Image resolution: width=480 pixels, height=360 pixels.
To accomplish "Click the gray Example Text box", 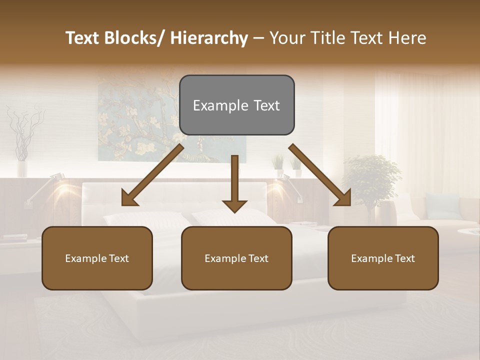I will coord(236,105).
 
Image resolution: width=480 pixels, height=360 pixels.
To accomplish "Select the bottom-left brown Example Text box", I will coord(97,258).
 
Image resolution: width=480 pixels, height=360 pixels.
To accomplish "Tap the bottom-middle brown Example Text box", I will coord(236,258).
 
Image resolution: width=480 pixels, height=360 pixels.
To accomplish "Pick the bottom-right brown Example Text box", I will coord(383,258).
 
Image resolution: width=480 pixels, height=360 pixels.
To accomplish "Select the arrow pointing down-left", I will coord(153,175).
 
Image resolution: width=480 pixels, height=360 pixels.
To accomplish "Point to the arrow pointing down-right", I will coord(320,175).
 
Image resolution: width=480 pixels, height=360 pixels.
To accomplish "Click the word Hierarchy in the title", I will coord(209,38).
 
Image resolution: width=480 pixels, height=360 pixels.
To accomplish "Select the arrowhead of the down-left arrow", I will coord(130,198).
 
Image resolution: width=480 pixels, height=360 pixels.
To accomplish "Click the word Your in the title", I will coord(286,38).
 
